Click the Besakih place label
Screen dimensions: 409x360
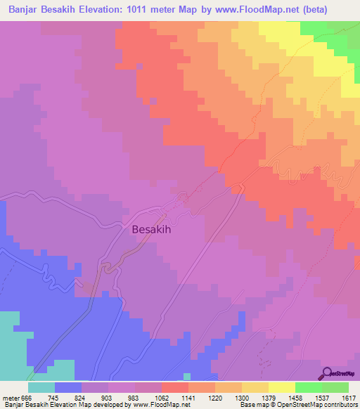coord(152,228)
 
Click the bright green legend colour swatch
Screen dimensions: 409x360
coord(308,387)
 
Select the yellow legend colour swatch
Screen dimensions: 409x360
coord(281,387)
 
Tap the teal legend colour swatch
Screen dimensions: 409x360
coord(41,387)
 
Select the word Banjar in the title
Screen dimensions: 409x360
coord(25,9)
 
